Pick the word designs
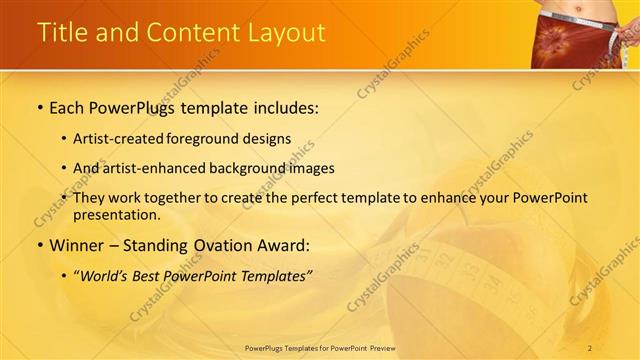[266, 139]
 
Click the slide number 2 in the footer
[590, 347]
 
